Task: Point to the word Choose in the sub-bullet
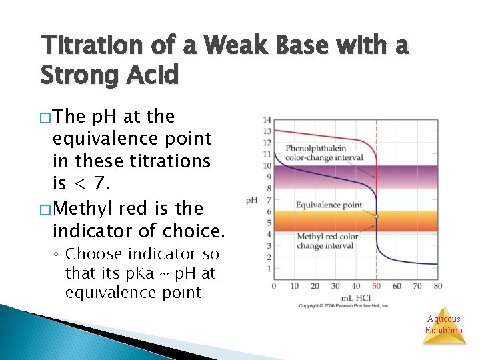pyautogui.click(x=93, y=254)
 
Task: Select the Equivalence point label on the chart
pyautogui.click(x=329, y=205)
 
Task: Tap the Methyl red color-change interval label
pyautogui.click(x=329, y=241)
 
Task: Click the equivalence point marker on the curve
pyautogui.click(x=377, y=217)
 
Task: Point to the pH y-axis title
pyautogui.click(x=251, y=200)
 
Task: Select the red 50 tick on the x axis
pyautogui.click(x=376, y=286)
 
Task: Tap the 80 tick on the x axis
pyautogui.click(x=437, y=286)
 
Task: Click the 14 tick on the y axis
pyautogui.click(x=267, y=120)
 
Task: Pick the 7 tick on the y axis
pyautogui.click(x=269, y=200)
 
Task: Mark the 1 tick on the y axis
pyautogui.click(x=269, y=269)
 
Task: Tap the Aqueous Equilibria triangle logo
pyautogui.click(x=444, y=326)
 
